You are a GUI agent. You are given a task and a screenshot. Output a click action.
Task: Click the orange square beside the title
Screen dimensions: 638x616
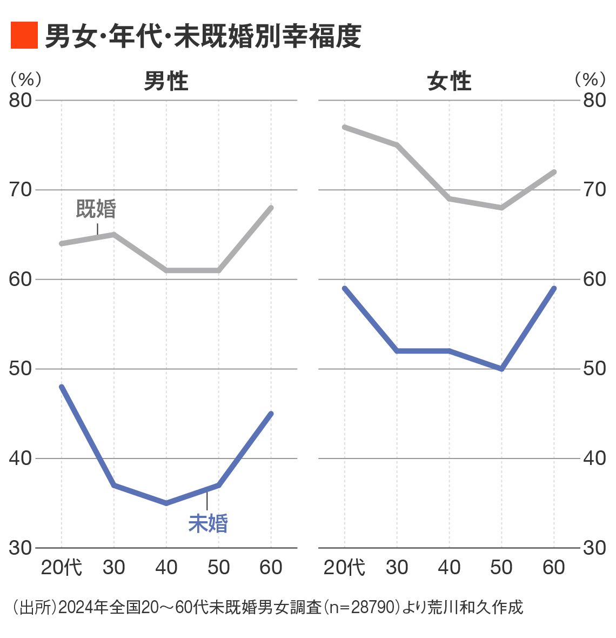click(x=24, y=36)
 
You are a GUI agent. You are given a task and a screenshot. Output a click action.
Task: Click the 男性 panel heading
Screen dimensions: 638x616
click(x=166, y=82)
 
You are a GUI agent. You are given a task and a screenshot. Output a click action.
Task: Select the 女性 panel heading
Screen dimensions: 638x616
click(x=449, y=82)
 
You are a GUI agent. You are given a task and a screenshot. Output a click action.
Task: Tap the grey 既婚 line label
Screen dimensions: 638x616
click(x=96, y=209)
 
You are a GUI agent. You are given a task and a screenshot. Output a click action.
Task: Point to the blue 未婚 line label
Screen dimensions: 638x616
click(x=208, y=523)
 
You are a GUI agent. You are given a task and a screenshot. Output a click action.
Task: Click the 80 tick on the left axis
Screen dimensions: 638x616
click(x=21, y=100)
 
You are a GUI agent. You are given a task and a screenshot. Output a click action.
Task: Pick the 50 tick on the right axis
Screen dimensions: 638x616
click(x=594, y=369)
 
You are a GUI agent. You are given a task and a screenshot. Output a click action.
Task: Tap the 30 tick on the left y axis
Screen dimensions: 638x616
click(x=21, y=548)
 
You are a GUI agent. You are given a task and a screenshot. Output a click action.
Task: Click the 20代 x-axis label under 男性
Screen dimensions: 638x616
click(x=62, y=567)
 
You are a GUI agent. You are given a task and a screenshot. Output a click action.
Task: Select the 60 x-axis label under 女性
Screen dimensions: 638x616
click(x=554, y=567)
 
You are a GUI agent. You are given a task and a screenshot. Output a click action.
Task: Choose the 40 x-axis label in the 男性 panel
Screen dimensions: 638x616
click(x=166, y=567)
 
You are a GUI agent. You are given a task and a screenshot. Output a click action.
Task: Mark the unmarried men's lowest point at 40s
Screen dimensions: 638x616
click(x=166, y=503)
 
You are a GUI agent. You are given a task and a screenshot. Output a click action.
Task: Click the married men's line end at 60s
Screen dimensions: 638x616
click(x=271, y=208)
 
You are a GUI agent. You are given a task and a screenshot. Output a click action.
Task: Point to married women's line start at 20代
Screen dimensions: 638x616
click(x=345, y=127)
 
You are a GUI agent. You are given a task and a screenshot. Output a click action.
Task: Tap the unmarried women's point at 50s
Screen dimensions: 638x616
click(x=501, y=369)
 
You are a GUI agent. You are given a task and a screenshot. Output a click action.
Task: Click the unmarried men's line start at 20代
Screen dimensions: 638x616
click(x=62, y=387)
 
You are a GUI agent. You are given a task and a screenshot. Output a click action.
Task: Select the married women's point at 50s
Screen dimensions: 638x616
click(x=501, y=208)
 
